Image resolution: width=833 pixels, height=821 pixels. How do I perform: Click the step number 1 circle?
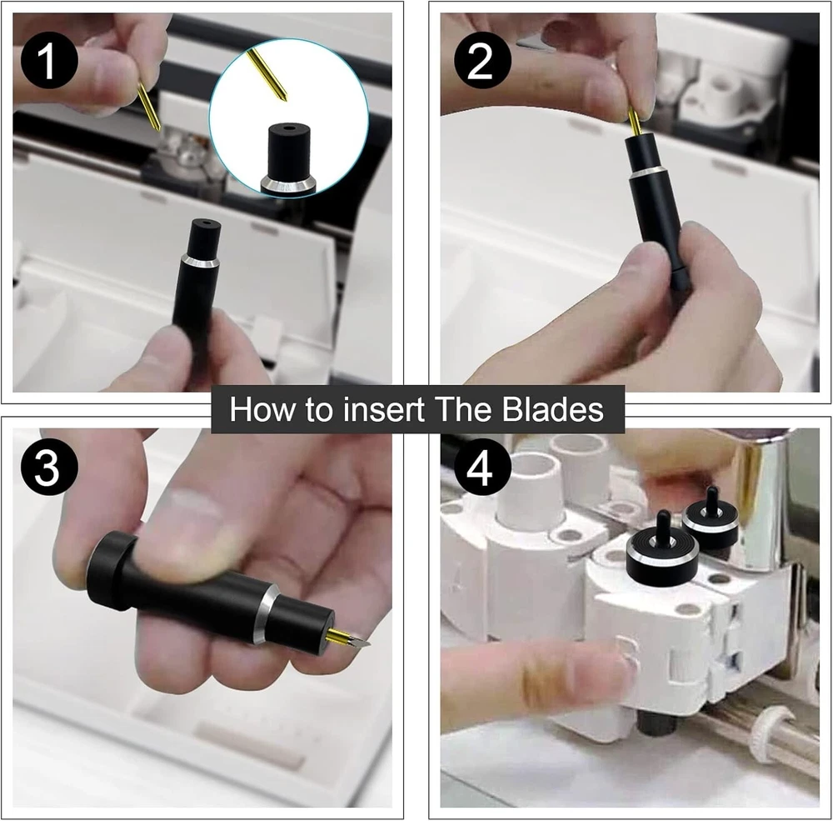[49, 60]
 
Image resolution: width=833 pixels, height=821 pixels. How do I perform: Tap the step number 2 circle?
[482, 60]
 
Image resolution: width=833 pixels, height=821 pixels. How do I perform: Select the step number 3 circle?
[49, 467]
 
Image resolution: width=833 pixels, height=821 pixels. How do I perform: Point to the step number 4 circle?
[482, 467]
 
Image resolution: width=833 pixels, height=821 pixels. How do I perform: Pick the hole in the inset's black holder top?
[288, 128]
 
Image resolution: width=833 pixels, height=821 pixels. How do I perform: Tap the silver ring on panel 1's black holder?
[200, 260]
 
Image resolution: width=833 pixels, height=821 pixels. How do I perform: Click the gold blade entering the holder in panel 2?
[634, 122]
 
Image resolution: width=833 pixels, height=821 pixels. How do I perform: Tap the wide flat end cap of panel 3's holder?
[110, 572]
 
